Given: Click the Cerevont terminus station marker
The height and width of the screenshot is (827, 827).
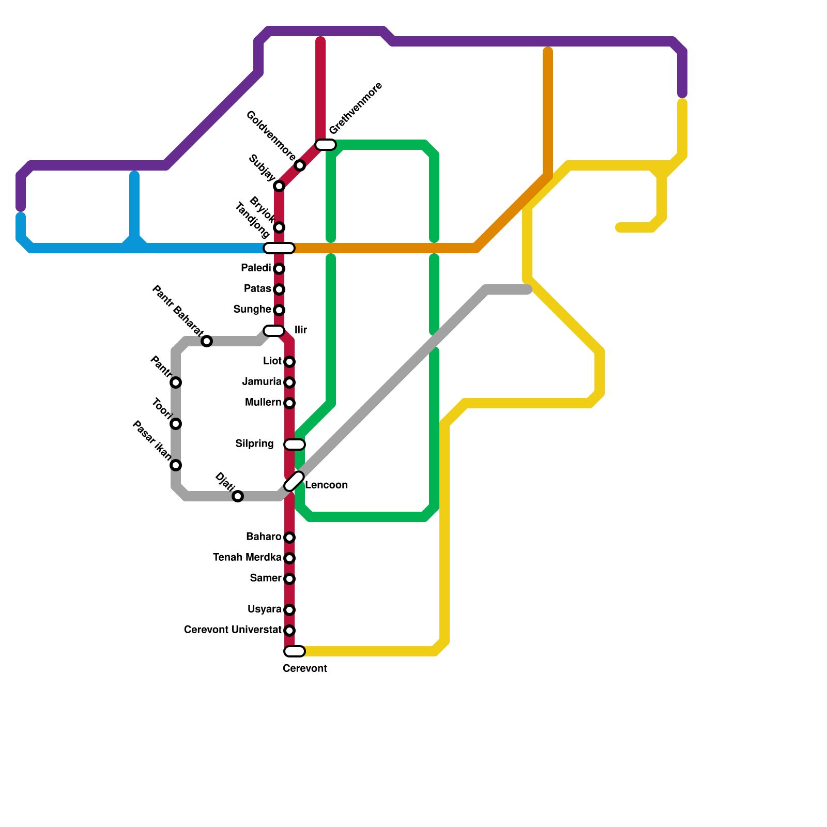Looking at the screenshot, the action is point(295,651).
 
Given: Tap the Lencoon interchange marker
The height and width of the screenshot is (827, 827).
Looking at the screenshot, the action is point(294,481).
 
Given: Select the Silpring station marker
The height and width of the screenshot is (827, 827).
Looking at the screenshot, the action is point(295,444).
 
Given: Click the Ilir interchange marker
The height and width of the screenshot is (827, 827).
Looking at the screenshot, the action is point(273,330).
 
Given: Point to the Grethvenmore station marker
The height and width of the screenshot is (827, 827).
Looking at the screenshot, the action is point(326,144).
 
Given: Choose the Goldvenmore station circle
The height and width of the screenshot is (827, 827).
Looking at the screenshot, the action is point(300,165).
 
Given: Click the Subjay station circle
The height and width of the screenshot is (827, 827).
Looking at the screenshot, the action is point(279,186).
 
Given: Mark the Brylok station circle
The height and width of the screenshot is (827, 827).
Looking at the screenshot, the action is point(279,227).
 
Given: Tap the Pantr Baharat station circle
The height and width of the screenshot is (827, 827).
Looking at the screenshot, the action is point(207,341).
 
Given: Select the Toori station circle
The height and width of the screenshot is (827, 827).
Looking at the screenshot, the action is point(176,424).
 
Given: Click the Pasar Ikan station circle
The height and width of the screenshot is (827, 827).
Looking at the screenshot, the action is point(176,465).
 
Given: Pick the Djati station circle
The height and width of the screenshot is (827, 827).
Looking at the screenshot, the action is point(238,496).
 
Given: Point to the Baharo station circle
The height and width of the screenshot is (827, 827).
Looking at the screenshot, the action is point(289,538).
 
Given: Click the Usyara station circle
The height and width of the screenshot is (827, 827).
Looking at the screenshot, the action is point(289,610).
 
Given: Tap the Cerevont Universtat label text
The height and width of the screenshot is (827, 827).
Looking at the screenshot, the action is point(233,630).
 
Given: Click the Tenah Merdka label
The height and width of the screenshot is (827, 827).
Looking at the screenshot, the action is point(247,558).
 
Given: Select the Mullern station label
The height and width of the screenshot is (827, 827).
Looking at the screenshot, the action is point(263,403).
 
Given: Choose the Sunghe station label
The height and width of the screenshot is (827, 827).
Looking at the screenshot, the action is point(252,310).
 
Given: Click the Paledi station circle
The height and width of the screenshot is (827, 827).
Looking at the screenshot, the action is point(279,269).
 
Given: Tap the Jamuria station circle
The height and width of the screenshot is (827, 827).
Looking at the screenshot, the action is point(289,382).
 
